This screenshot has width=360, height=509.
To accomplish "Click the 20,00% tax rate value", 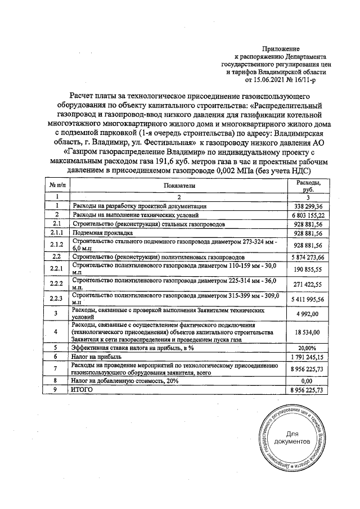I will [309, 348].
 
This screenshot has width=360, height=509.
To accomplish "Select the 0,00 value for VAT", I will [309, 380].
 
